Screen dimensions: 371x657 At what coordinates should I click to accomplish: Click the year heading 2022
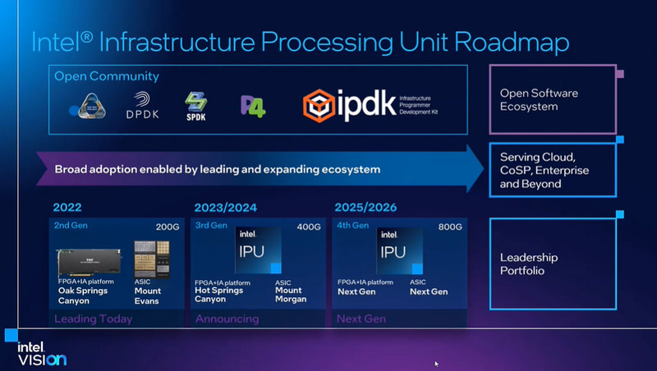point(67,207)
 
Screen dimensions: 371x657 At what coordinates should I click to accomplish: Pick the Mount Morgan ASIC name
point(291,294)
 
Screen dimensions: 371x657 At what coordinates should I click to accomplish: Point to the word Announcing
point(227,318)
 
